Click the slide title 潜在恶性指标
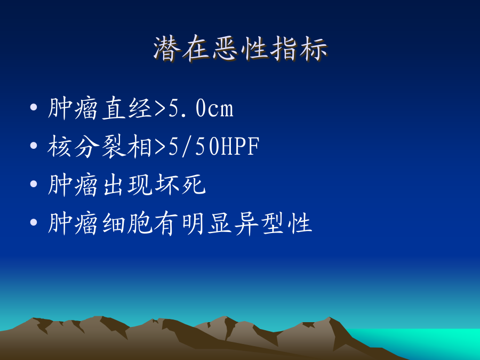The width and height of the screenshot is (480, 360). click(241, 49)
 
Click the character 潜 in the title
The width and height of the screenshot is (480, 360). click(166, 49)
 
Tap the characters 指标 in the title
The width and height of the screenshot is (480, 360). click(299, 49)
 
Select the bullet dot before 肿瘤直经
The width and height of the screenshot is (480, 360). click(34, 107)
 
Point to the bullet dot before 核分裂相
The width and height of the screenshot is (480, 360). click(34, 146)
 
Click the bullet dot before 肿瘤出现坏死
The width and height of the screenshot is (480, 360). click(34, 183)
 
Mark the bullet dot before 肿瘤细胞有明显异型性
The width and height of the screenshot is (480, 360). click(34, 222)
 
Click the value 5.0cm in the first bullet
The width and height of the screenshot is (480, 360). click(201, 109)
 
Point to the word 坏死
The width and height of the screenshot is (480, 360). click(181, 185)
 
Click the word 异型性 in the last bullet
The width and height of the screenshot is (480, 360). click(274, 223)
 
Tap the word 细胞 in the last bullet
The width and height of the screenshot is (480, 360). click(127, 223)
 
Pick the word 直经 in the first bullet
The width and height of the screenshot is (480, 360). click(127, 108)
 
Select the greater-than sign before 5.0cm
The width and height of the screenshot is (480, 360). click(160, 109)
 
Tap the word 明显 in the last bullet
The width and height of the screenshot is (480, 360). click(207, 223)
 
